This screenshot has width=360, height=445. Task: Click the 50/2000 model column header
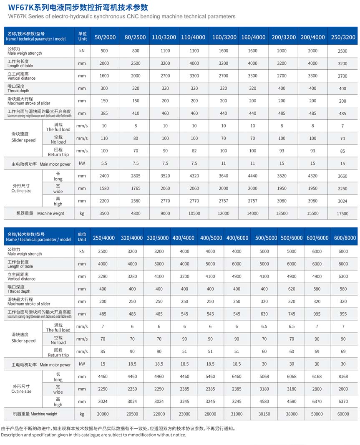(x=105, y=37)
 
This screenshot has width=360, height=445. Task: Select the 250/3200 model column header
(x=343, y=37)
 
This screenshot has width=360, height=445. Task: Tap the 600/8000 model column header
(x=345, y=238)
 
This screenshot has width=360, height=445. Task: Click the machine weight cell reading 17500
(x=342, y=214)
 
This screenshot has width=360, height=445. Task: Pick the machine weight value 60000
(x=343, y=414)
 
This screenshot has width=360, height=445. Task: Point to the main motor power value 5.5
(x=104, y=164)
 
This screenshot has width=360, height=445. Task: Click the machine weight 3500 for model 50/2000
(x=104, y=214)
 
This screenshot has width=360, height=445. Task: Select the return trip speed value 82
(x=194, y=151)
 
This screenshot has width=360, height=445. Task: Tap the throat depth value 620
(x=292, y=289)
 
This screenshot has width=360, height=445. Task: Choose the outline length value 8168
(x=343, y=377)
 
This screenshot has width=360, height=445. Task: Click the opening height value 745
(x=292, y=314)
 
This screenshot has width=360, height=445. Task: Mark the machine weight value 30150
(x=264, y=414)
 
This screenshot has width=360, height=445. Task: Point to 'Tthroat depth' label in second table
(x=19, y=291)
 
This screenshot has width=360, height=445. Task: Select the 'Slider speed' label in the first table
(x=23, y=140)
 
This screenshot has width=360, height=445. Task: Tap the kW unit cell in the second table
(x=82, y=364)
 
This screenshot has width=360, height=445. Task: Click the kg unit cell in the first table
(x=82, y=214)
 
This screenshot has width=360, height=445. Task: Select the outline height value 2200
(x=104, y=201)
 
